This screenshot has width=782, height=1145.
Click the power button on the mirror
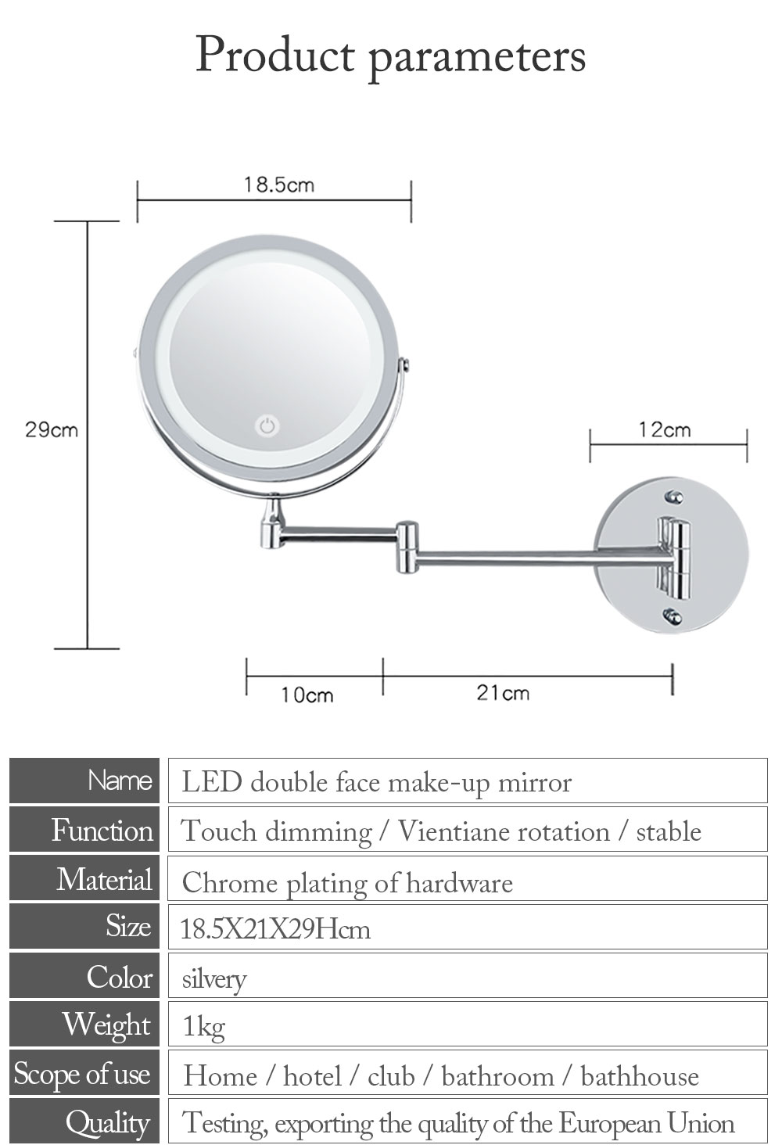(267, 426)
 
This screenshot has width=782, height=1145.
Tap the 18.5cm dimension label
(278, 185)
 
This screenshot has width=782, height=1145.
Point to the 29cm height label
(52, 430)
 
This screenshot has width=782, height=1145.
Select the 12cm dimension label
(665, 430)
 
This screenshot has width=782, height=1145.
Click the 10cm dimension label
(307, 695)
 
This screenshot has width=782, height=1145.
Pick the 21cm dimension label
(503, 693)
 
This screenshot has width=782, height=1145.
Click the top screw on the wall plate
(674, 497)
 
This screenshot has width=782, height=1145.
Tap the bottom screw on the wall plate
(673, 617)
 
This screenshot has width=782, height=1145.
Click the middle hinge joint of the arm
(407, 547)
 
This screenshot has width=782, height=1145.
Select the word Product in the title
(275, 55)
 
